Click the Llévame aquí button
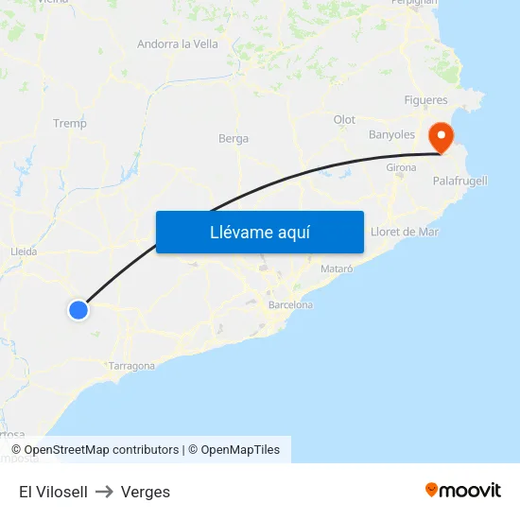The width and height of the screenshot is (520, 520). click(x=259, y=232)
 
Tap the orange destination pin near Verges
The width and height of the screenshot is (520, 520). click(x=441, y=137)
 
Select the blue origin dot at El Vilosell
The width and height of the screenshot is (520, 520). click(x=78, y=309)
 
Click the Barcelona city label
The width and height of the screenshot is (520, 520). click(x=290, y=305)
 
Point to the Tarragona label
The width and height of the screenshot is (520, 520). click(x=131, y=366)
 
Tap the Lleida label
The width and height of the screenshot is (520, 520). click(x=23, y=251)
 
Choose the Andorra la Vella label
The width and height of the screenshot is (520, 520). click(x=178, y=43)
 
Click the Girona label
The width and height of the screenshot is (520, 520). click(x=401, y=167)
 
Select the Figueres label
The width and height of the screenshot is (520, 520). click(x=425, y=100)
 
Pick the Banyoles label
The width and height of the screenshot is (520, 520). click(x=391, y=135)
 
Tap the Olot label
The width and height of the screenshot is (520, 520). click(x=344, y=120)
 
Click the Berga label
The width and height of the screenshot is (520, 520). click(x=234, y=138)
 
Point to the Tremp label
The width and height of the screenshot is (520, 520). click(x=70, y=123)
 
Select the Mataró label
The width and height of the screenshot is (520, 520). click(x=337, y=269)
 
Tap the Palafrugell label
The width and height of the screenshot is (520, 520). click(x=460, y=181)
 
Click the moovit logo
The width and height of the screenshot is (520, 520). click(x=463, y=490)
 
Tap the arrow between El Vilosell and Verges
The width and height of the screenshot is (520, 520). click(x=104, y=492)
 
